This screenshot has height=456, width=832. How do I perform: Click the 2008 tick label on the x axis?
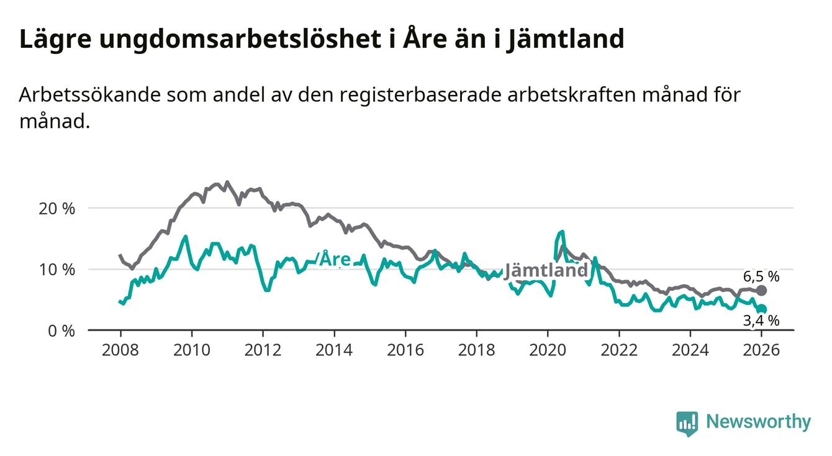120,350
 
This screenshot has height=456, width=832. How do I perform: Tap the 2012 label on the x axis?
263,350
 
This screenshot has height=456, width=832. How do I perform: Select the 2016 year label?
405,350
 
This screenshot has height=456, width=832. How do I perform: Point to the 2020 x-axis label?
548,350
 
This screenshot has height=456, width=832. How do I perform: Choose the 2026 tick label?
762,350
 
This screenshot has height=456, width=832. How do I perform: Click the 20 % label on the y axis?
56,209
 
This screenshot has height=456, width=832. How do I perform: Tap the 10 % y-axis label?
56,270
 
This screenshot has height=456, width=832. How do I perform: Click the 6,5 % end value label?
761,276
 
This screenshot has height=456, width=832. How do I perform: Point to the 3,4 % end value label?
761,321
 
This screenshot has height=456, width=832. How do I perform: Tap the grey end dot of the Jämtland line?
762,290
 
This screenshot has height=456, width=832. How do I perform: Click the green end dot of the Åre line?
762,309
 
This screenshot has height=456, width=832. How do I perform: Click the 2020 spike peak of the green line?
563,232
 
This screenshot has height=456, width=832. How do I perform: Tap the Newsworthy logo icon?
687,423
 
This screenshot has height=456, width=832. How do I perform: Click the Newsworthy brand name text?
758,422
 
